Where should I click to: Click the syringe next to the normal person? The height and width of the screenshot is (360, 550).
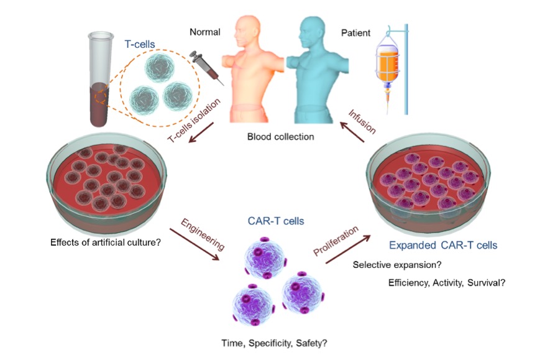tap(206, 69)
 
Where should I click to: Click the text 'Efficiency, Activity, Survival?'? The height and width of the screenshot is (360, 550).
tap(446, 283)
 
